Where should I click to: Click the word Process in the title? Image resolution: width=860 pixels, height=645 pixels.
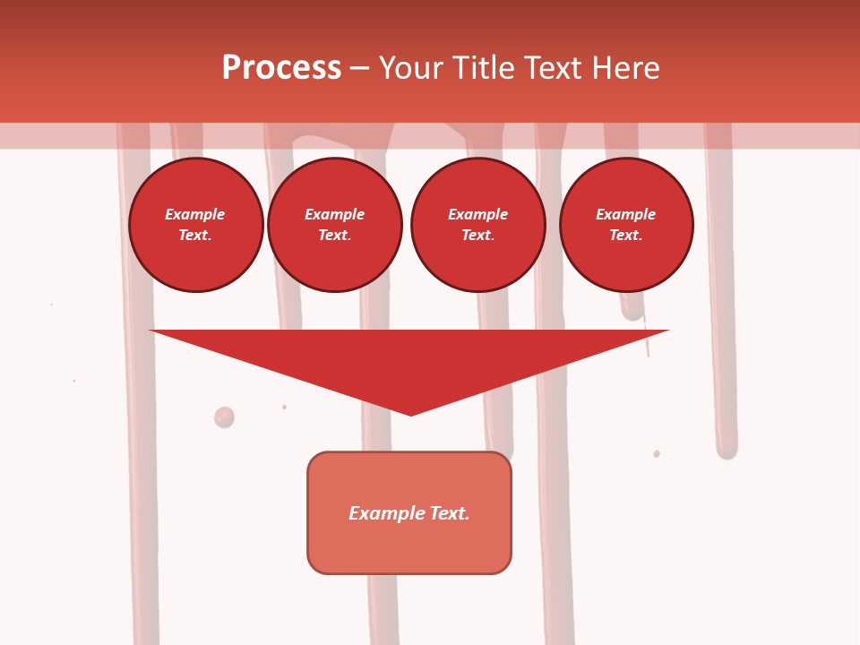[281, 68]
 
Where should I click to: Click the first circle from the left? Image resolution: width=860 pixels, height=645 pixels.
[196, 225]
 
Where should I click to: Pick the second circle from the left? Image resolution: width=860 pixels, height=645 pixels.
[335, 225]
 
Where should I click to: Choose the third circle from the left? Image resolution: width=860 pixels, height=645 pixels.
[478, 225]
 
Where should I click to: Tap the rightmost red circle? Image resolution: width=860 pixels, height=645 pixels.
[626, 225]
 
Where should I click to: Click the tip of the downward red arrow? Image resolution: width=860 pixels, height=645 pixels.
[411, 414]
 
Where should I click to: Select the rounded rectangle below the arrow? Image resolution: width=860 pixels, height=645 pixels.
[409, 512]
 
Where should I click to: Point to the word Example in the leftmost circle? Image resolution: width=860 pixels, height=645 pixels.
[195, 214]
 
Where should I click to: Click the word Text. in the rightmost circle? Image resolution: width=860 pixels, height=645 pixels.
[626, 236]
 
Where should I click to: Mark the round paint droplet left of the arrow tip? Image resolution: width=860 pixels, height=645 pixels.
[224, 417]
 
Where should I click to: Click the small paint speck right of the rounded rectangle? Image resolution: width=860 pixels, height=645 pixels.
[657, 454]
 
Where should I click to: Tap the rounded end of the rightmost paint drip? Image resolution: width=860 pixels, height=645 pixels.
[726, 451]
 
